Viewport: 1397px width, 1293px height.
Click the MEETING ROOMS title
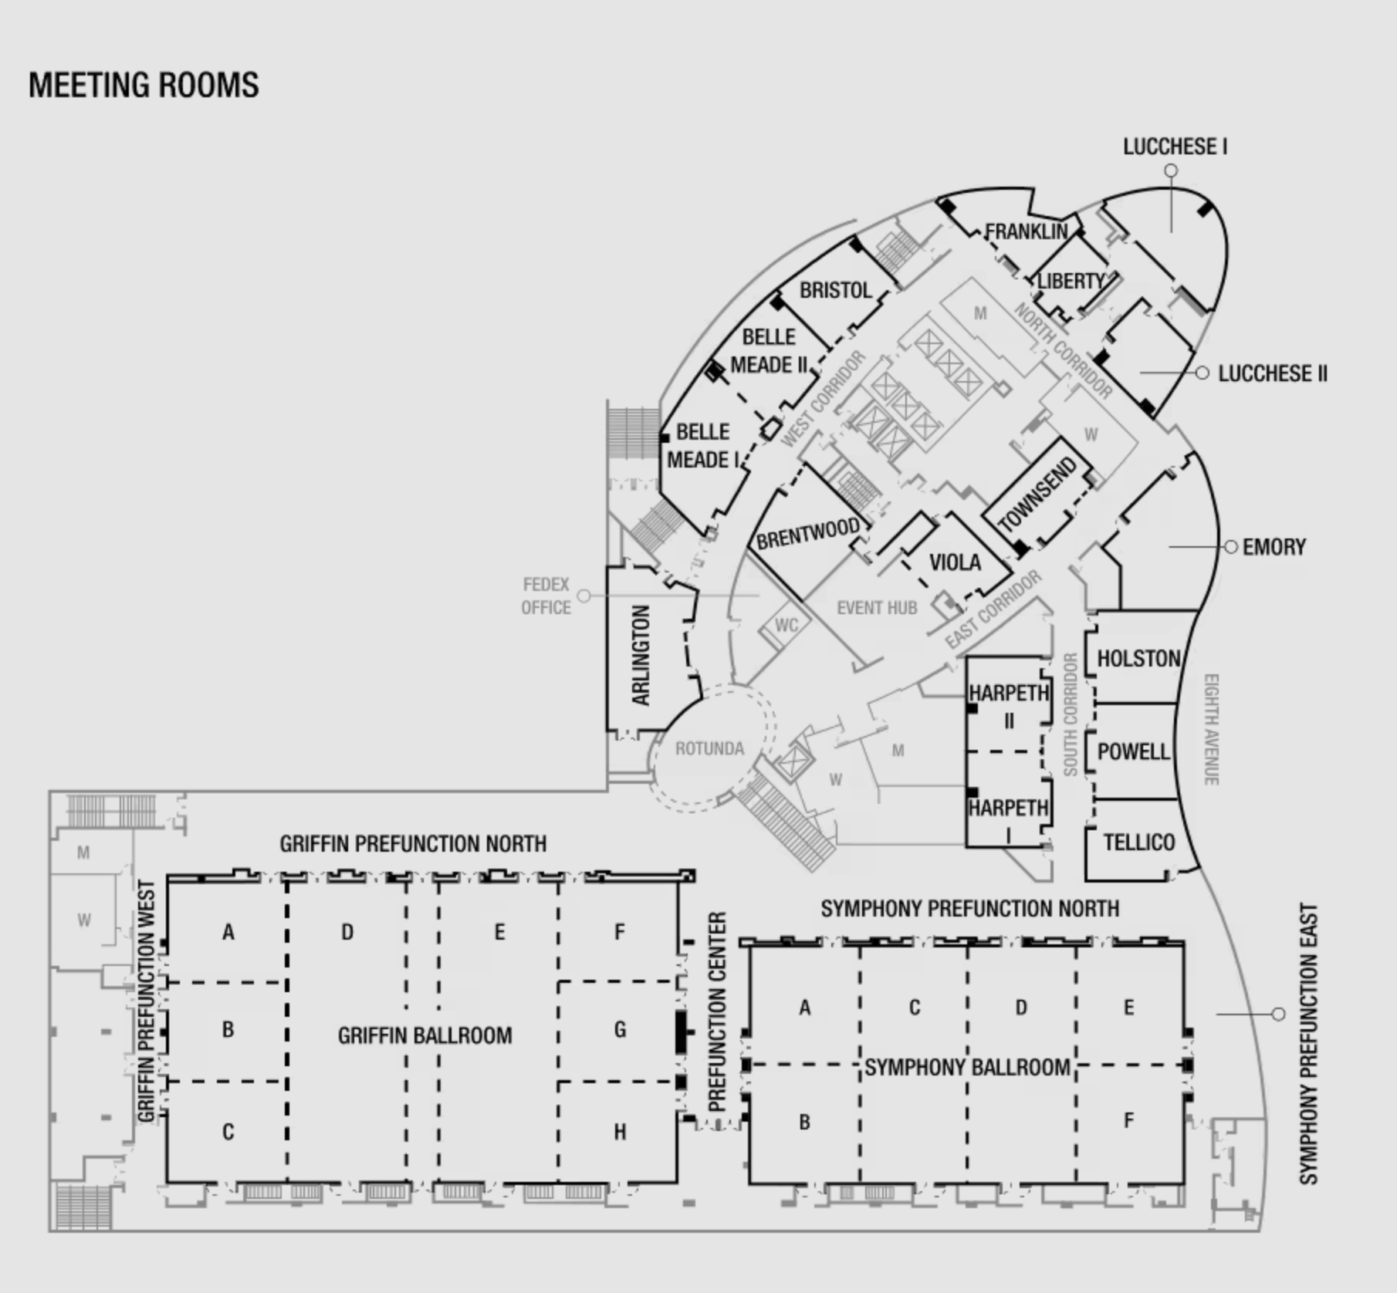144,85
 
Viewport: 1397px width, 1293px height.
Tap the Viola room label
955,562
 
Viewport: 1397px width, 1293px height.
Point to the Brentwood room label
807,533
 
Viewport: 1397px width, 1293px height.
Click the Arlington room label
641,655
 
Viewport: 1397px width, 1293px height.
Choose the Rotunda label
709,748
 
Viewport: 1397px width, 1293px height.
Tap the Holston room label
1138,658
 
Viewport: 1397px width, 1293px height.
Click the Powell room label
1134,751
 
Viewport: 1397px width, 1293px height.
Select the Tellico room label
1138,842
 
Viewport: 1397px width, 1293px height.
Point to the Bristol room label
835,290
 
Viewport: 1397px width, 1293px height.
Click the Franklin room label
1026,231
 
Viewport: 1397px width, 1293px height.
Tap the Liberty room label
1071,281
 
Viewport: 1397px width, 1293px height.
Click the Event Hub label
877,608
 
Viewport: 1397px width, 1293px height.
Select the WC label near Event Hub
786,625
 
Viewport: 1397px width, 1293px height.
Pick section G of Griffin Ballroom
620,1029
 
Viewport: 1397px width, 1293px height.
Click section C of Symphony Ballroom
915,1008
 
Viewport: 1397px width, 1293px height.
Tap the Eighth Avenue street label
1211,730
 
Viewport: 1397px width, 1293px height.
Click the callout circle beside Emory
1231,547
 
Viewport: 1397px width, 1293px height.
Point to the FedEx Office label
546,596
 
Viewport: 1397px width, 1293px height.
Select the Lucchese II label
1273,373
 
